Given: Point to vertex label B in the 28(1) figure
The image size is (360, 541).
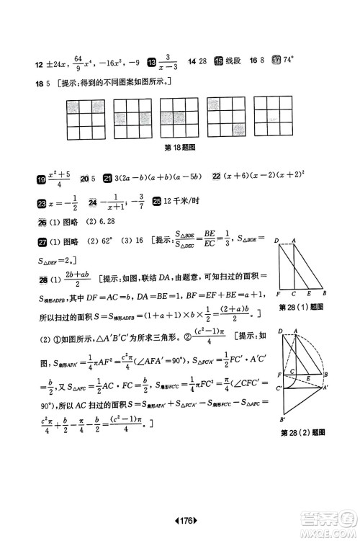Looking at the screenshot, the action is click(x=325, y=295).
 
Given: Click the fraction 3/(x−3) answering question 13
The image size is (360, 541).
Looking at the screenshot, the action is click(x=171, y=63).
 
